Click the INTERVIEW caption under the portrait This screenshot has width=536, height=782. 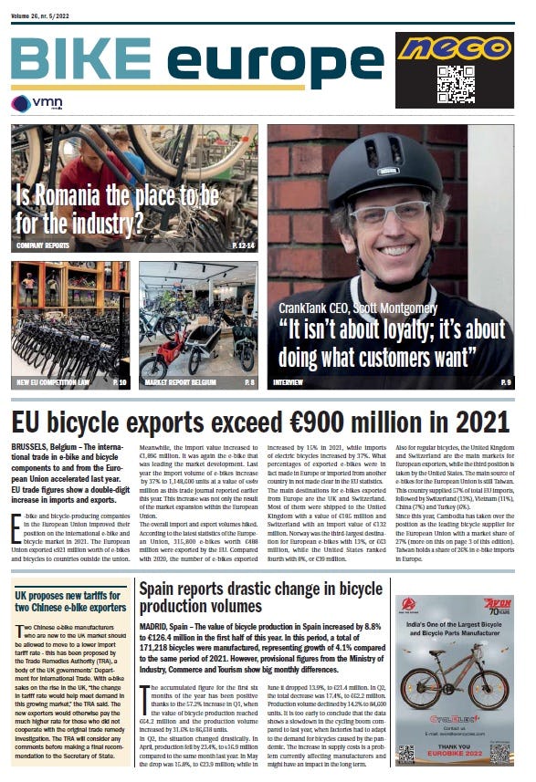[x=289, y=382]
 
